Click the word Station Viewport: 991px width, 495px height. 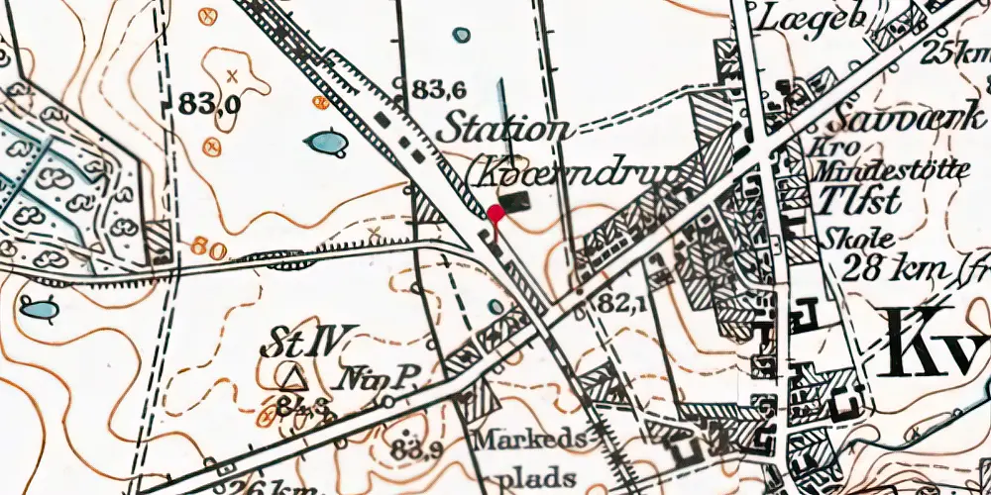point(506,129)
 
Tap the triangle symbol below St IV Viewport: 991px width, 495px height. point(290,377)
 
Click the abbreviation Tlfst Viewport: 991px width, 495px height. point(861,202)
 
